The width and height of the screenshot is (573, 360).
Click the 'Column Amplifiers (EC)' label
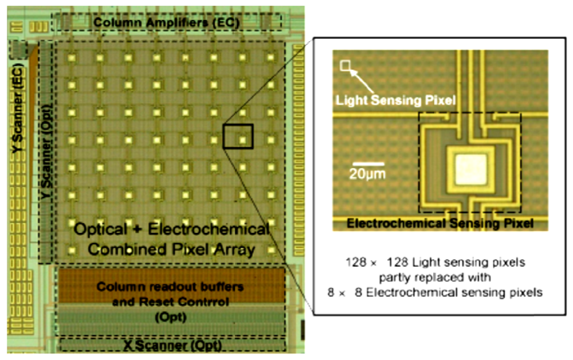pyautogui.click(x=166, y=22)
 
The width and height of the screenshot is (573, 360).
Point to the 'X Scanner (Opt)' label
pyautogui.click(x=172, y=346)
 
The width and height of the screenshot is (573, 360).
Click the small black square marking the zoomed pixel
pyautogui.click(x=238, y=136)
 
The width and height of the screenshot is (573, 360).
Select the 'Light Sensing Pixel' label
pyautogui.click(x=395, y=100)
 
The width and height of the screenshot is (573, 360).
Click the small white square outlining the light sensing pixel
pyautogui.click(x=345, y=66)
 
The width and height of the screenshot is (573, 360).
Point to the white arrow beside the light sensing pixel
pyautogui.click(x=360, y=79)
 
